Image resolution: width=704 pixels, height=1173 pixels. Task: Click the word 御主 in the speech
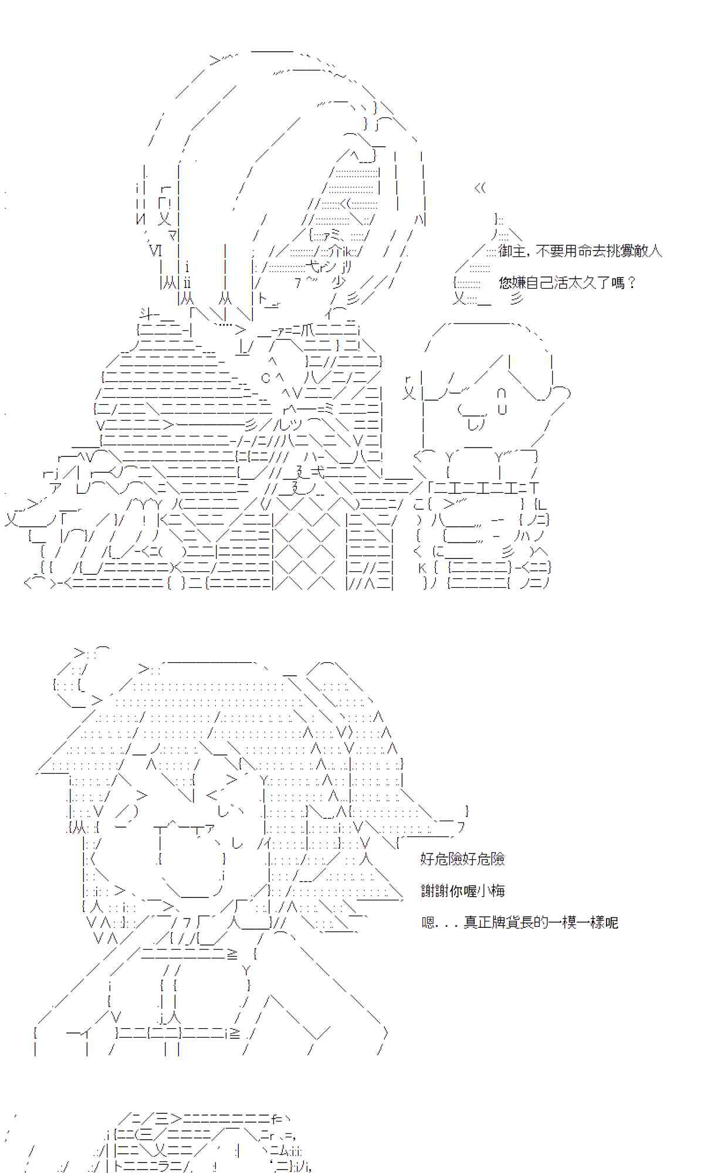[512, 252]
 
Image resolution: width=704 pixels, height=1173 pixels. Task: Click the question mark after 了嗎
[631, 283]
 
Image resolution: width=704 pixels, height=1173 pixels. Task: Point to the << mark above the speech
[480, 188]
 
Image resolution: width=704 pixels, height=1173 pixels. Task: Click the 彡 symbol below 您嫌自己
[516, 300]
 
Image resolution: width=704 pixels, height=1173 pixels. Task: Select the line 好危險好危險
[462, 859]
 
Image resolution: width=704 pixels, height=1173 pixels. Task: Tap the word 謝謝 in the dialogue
[435, 891]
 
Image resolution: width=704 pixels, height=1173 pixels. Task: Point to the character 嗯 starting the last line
[428, 923]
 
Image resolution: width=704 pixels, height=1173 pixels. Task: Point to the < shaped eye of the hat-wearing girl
[212, 796]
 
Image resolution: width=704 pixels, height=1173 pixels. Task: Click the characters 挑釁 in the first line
[604, 252]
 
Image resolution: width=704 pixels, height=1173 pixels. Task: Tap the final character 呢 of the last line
[611, 923]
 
